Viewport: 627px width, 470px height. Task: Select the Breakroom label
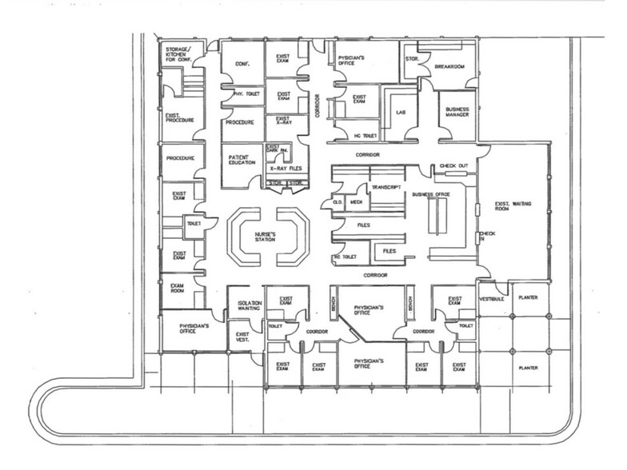(x=449, y=68)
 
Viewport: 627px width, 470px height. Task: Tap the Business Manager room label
(x=457, y=112)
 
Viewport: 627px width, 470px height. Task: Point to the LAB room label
(x=401, y=113)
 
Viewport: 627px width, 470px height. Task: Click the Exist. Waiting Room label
(x=512, y=206)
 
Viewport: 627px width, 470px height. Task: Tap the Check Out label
(x=453, y=166)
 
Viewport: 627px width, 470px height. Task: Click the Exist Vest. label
(x=242, y=337)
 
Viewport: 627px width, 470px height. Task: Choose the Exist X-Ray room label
(x=284, y=121)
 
